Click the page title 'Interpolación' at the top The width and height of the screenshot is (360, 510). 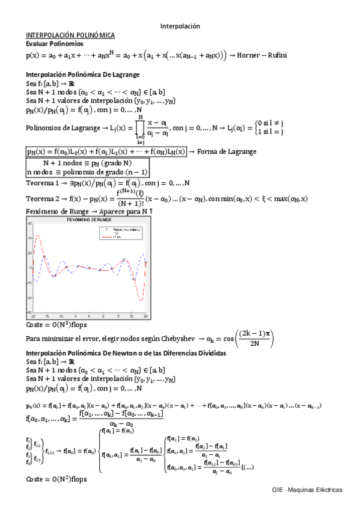[180, 26]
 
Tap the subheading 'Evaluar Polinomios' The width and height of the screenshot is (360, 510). [55, 44]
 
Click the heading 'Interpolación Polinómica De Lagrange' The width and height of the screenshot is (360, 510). [83, 75]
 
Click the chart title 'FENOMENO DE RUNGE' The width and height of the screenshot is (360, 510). [88, 221]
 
